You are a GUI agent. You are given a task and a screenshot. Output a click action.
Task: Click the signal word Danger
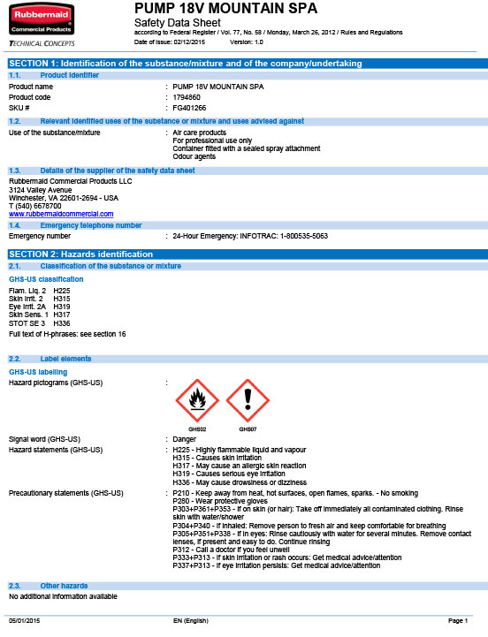click(185, 439)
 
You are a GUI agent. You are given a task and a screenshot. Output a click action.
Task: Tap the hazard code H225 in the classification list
click(62, 291)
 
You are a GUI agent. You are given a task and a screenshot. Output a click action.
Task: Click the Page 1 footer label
click(457, 622)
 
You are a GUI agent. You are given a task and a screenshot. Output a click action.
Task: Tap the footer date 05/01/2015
click(24, 622)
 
